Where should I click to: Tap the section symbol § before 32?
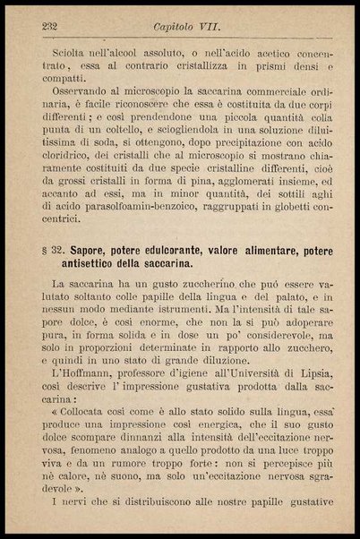45,245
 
